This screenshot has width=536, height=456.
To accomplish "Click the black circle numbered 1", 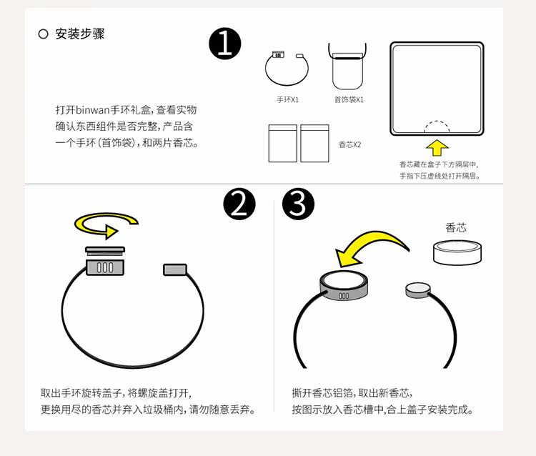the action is pyautogui.click(x=225, y=44).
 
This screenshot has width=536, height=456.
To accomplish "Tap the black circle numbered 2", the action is pyautogui.click(x=239, y=204).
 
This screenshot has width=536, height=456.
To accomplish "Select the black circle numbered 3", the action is pyautogui.click(x=298, y=204).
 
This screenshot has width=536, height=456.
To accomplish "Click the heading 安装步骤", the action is pyautogui.click(x=80, y=34).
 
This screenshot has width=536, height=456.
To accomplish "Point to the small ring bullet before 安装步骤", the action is pyautogui.click(x=43, y=34).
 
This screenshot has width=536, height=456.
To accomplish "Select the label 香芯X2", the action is pyautogui.click(x=349, y=144).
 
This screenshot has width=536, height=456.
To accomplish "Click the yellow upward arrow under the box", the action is pyautogui.click(x=437, y=147).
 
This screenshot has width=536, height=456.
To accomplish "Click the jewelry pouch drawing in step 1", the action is pyautogui.click(x=349, y=69).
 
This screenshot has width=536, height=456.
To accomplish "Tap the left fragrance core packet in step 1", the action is pyautogui.click(x=282, y=144).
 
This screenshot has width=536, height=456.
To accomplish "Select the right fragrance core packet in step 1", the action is pyautogui.click(x=314, y=144).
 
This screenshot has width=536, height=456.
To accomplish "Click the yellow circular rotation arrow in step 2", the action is pyautogui.click(x=99, y=228).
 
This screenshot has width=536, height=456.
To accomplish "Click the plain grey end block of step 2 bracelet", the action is pyautogui.click(x=174, y=269).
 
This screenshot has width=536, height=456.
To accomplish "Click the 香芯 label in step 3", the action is pyautogui.click(x=456, y=228).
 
